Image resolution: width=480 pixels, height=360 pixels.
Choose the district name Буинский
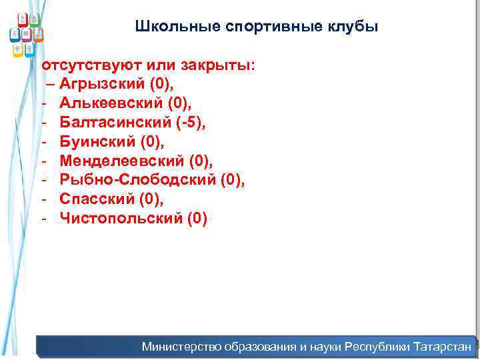pyautogui.click(x=97, y=142)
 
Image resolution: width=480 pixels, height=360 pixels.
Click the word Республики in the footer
pyautogui.click(x=377, y=347)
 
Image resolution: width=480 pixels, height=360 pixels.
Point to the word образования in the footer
pyautogui.click(x=261, y=347)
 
